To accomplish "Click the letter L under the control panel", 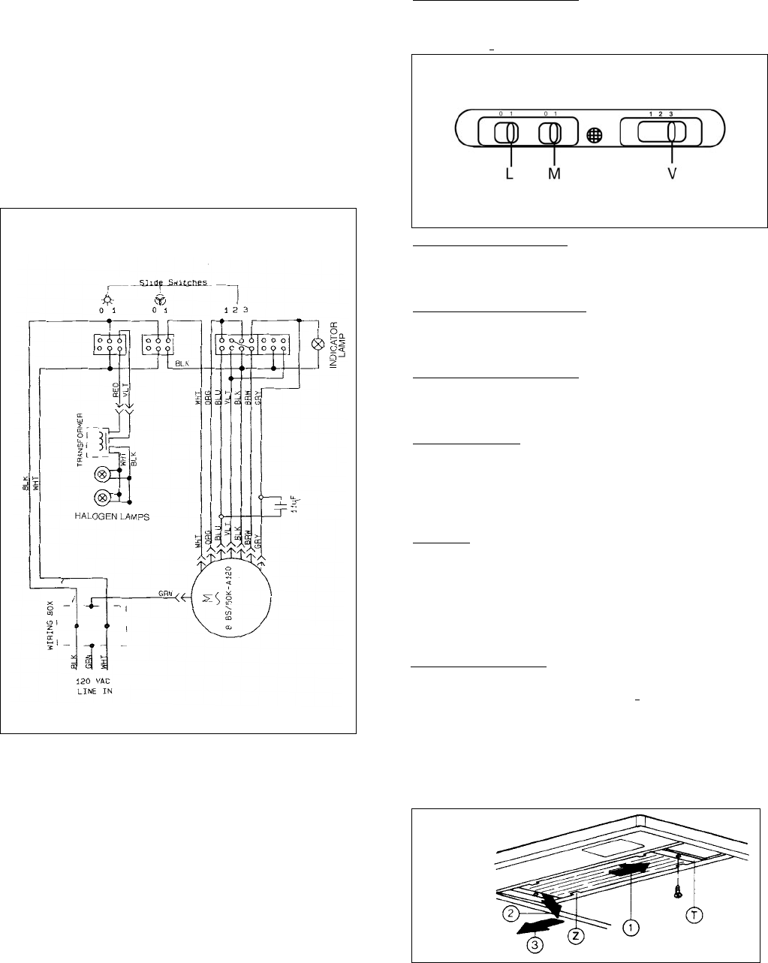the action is (x=510, y=173).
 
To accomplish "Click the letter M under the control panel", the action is (x=555, y=173).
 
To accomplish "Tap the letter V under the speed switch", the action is (x=672, y=173).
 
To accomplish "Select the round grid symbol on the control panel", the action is (x=595, y=136).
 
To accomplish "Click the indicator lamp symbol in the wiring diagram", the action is (x=318, y=345).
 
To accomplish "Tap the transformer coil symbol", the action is (x=98, y=444).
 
